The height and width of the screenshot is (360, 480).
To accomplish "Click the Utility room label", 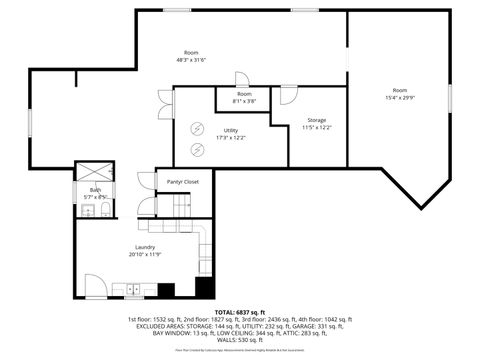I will pyautogui.click(x=230, y=130).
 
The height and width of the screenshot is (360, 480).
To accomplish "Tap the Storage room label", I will pyautogui.click(x=316, y=120).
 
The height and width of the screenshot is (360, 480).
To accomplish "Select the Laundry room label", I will pyautogui.click(x=145, y=247).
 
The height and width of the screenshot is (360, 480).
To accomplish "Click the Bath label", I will pyautogui.click(x=95, y=190).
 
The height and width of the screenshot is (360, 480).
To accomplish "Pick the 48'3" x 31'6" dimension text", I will pyautogui.click(x=191, y=60).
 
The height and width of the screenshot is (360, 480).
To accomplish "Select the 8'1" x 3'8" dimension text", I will pyautogui.click(x=244, y=101).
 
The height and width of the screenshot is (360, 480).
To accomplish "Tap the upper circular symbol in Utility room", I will pyautogui.click(x=198, y=128).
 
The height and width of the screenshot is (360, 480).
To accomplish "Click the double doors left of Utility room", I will pyautogui.click(x=163, y=103).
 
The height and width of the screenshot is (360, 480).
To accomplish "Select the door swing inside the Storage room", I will pyautogui.click(x=287, y=96).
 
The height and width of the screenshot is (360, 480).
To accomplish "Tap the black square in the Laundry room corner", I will pyautogui.click(x=204, y=288).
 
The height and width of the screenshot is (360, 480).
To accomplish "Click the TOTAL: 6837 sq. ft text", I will pyautogui.click(x=239, y=312).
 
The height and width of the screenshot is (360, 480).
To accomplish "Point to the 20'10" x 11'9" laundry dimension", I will pyautogui.click(x=145, y=254).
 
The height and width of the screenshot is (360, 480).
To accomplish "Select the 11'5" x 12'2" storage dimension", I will pyautogui.click(x=316, y=127).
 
